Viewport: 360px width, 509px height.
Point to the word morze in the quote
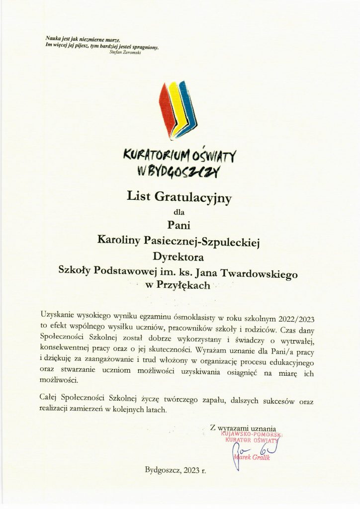tap(113, 38)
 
